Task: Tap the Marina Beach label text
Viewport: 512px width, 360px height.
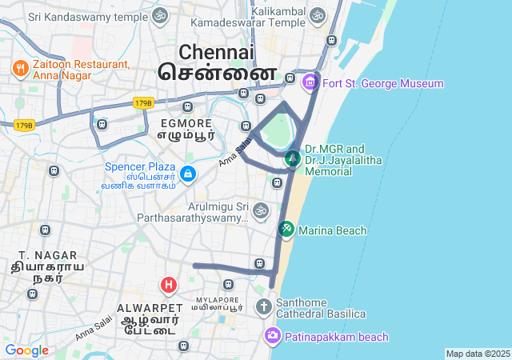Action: [x=333, y=231]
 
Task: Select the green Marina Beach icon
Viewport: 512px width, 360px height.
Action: [x=286, y=230]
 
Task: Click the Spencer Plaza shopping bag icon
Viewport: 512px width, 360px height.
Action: [x=187, y=173]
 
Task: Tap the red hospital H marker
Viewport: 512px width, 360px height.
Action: [x=169, y=284]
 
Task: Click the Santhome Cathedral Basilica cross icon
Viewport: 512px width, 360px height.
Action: [x=264, y=306]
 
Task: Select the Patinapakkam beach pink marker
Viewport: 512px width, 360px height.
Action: [x=273, y=337]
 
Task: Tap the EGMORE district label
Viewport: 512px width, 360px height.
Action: [x=186, y=123]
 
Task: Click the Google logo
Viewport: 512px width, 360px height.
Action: [x=26, y=350]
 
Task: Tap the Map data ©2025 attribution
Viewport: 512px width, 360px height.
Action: [x=478, y=354]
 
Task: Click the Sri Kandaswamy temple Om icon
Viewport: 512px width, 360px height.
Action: [x=160, y=15]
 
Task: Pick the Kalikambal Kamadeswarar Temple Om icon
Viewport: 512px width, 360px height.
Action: [x=318, y=15]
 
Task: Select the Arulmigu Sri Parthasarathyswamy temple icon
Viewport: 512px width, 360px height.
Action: [x=260, y=210]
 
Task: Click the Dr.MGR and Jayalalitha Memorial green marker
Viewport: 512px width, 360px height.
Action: [x=293, y=158]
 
